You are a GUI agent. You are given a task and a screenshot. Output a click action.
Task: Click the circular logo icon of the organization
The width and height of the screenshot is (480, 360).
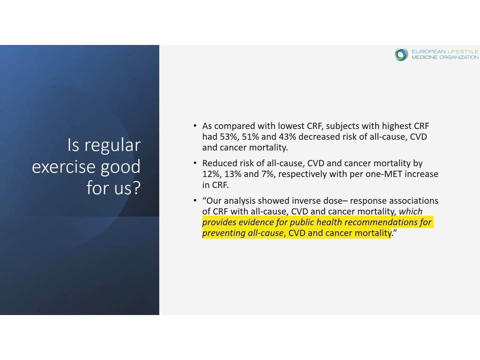coord(401,54)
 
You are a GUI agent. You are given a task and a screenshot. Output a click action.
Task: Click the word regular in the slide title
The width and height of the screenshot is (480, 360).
coord(112,145)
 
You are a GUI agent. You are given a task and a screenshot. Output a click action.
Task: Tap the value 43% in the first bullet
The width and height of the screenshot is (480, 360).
coord(287,137)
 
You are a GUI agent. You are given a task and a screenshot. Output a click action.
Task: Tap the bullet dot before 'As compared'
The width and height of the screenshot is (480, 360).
coord(194,125)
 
